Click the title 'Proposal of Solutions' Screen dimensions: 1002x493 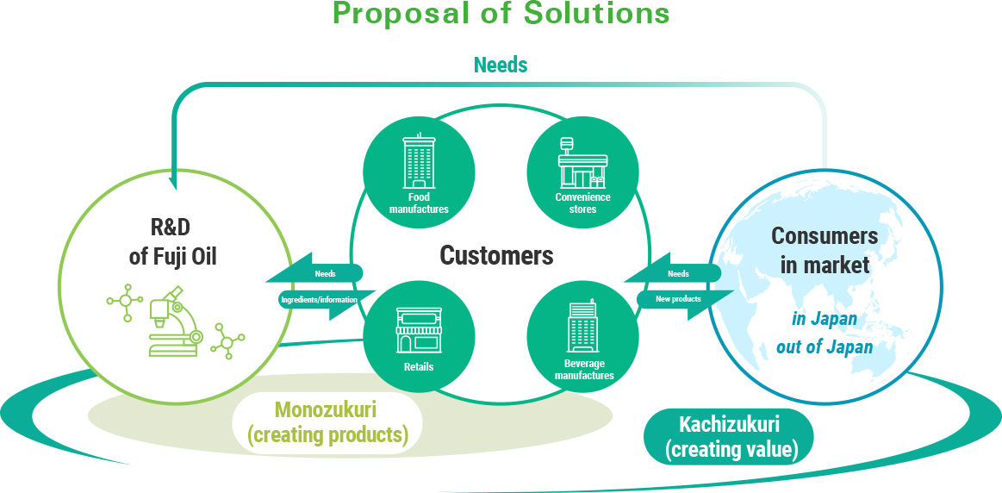click(x=501, y=14)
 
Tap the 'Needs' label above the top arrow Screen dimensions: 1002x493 click(x=501, y=65)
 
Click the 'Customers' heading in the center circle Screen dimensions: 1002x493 click(x=496, y=256)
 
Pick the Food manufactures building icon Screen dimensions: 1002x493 click(x=419, y=159)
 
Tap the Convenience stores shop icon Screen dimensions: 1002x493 click(x=582, y=162)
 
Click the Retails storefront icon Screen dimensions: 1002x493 click(x=419, y=330)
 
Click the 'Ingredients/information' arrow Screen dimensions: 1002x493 click(x=319, y=300)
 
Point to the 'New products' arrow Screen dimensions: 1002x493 click(x=685, y=300)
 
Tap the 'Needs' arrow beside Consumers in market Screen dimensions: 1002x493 click(x=672, y=274)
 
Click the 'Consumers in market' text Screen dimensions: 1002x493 click(x=825, y=250)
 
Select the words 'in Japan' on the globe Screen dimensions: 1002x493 click(x=825, y=318)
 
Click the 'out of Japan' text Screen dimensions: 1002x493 click(x=825, y=347)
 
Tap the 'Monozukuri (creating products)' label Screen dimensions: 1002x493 click(x=327, y=422)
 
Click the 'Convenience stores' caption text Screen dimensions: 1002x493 click(x=582, y=203)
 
